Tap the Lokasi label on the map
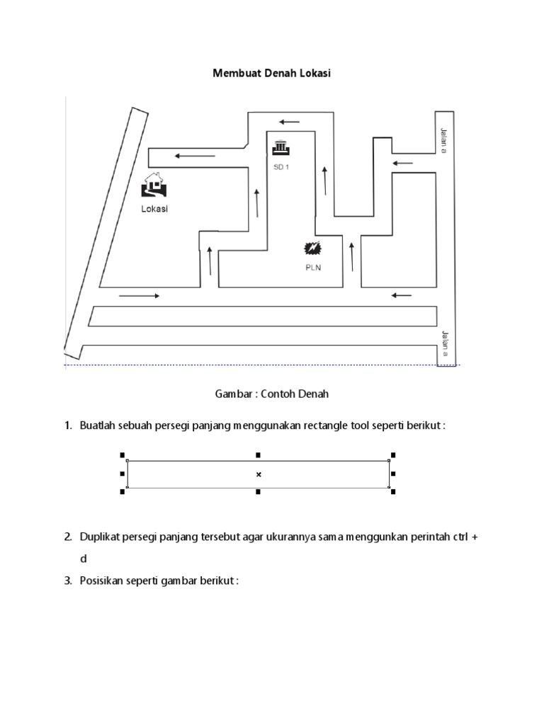click(x=155, y=209)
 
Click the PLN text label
click(x=312, y=268)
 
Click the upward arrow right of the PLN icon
click(x=352, y=256)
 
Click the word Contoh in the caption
click(x=282, y=394)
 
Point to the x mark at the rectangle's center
click(x=259, y=474)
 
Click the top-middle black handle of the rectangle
click(x=259, y=455)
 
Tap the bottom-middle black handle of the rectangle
click(x=259, y=492)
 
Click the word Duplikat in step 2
click(x=101, y=537)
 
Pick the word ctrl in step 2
click(x=459, y=537)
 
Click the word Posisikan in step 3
click(x=103, y=581)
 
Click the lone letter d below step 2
click(x=83, y=559)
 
